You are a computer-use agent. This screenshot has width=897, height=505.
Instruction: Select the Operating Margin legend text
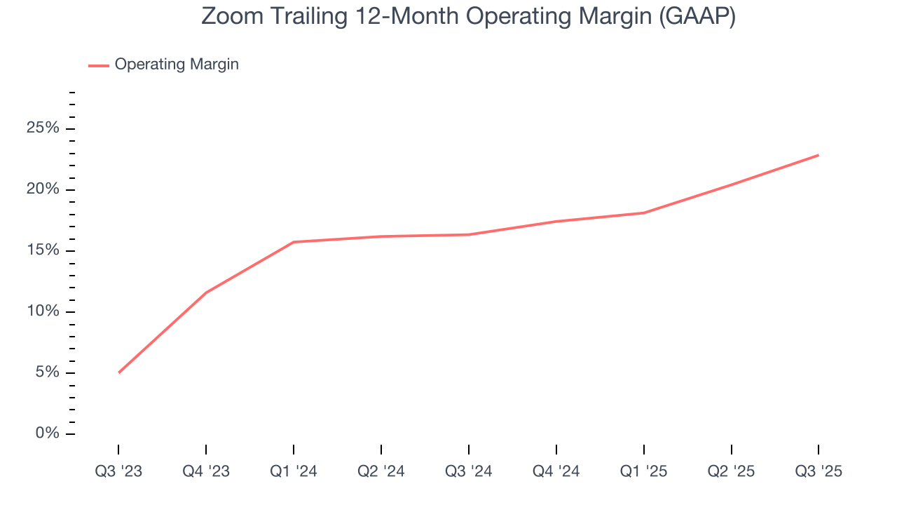[177, 65]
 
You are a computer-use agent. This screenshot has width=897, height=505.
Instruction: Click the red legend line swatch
[98, 65]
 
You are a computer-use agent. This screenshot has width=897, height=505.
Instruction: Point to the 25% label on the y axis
[42, 129]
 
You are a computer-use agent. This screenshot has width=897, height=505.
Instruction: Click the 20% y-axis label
[42, 190]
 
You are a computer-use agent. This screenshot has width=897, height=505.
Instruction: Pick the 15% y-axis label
[42, 251]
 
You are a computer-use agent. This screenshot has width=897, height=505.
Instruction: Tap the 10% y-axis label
[42, 312]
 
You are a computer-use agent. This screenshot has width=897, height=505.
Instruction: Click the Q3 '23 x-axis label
[118, 472]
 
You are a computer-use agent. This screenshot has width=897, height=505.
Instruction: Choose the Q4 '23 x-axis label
[206, 472]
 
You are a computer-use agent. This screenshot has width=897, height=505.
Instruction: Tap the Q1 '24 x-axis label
[294, 472]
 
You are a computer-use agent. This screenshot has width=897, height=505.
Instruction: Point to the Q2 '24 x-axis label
[381, 472]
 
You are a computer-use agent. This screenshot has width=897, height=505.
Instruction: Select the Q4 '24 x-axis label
[556, 472]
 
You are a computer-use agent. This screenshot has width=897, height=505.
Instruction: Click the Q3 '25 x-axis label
[819, 472]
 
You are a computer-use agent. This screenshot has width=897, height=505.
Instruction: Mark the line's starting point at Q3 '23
[119, 372]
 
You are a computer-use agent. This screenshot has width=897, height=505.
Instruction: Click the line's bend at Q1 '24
[294, 242]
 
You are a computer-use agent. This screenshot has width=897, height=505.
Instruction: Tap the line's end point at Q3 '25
[818, 155]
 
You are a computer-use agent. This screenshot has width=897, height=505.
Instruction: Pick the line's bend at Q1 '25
[643, 213]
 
